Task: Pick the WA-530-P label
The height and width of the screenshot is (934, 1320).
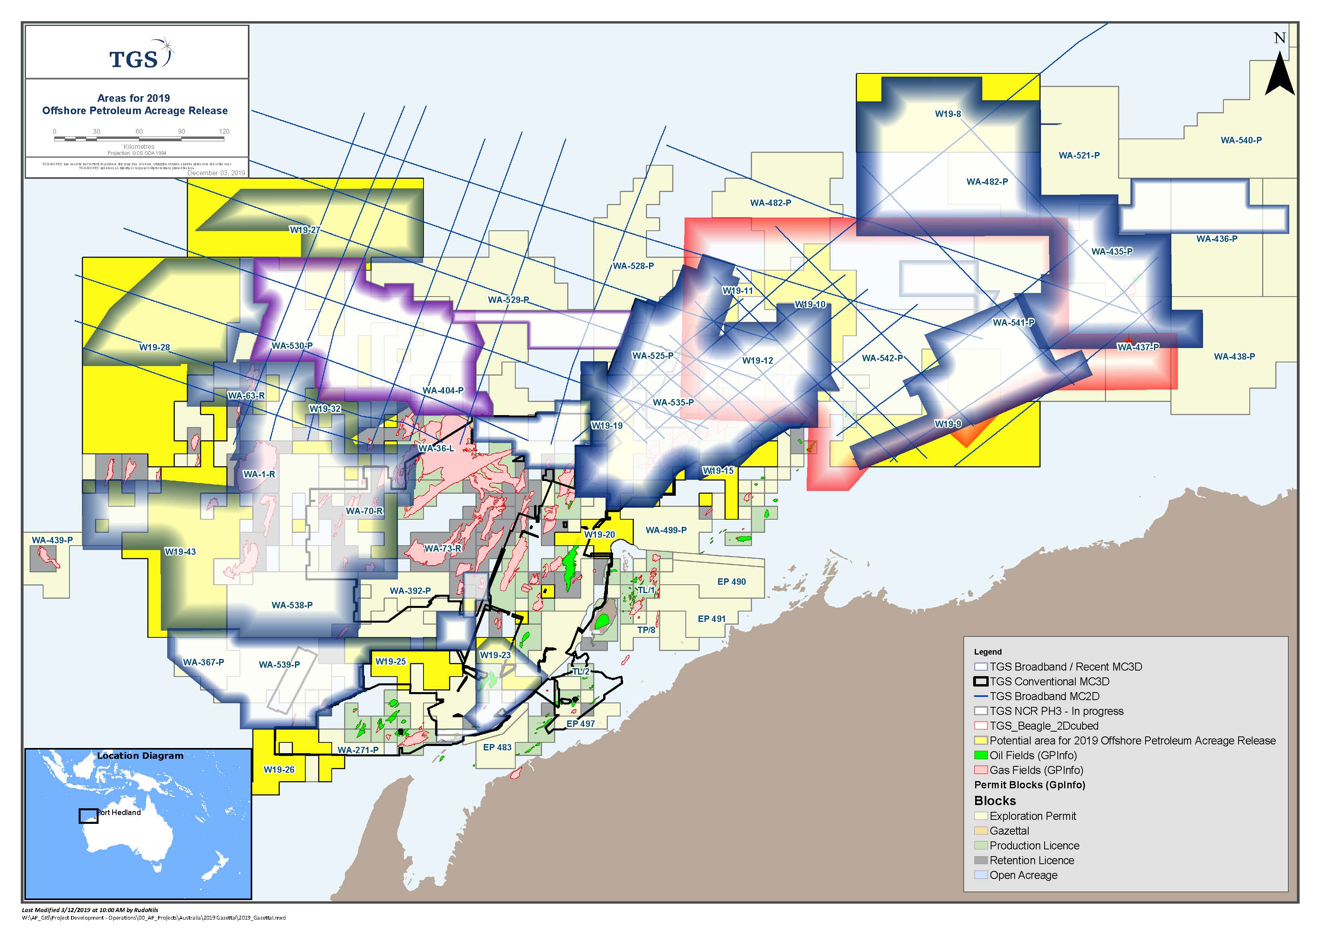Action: click(x=292, y=346)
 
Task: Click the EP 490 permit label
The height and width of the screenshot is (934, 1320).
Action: click(x=731, y=582)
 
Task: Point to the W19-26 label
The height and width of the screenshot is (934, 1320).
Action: click(x=279, y=770)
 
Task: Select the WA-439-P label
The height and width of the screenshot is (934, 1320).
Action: click(x=52, y=540)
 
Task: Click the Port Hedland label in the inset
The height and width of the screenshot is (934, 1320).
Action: click(x=119, y=813)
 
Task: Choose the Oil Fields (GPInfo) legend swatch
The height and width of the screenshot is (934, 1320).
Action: click(x=981, y=756)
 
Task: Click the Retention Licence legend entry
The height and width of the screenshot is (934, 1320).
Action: click(x=1031, y=861)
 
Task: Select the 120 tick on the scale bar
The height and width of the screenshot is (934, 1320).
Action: click(x=224, y=132)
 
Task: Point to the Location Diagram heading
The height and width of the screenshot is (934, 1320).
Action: click(x=140, y=756)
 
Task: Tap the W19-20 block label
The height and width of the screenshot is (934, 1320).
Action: click(x=599, y=535)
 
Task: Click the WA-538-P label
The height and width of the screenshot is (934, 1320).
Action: click(x=292, y=605)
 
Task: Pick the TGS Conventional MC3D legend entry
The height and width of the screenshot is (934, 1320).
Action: click(x=1049, y=681)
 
